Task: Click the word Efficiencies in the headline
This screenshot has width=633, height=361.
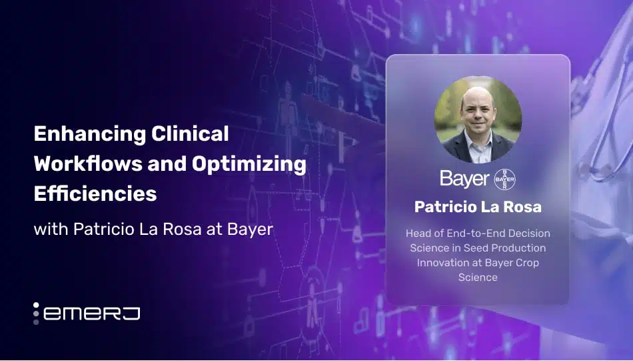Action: [95, 194]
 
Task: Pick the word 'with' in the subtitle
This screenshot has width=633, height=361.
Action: [51, 230]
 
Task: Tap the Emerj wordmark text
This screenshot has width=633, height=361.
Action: [91, 312]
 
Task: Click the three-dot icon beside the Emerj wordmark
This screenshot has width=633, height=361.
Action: [37, 313]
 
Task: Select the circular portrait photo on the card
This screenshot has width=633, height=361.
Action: [478, 119]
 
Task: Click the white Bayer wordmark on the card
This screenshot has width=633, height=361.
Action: [464, 179]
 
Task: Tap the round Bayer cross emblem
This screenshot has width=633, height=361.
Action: [504, 179]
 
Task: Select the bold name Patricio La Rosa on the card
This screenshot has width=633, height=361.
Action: [478, 207]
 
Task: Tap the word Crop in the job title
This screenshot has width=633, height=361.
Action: [526, 262]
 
